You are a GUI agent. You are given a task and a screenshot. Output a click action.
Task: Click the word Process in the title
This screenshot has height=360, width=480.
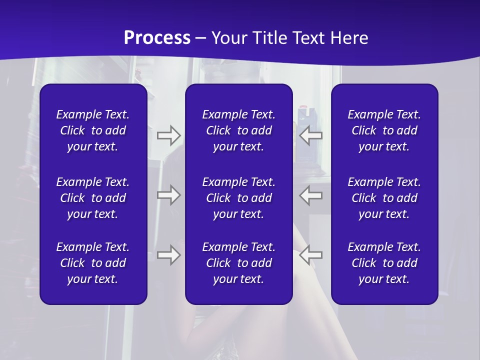(157, 38)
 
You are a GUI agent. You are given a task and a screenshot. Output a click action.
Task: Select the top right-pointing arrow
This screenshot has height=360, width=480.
(168, 135)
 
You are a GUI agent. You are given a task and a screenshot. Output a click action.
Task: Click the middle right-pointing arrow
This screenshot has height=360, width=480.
(168, 194)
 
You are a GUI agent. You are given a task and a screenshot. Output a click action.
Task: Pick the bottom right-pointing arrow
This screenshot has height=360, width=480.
(168, 254)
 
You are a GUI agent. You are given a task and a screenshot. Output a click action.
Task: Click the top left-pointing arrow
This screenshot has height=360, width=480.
(310, 135)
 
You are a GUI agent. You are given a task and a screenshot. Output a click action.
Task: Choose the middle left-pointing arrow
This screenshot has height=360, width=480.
(310, 194)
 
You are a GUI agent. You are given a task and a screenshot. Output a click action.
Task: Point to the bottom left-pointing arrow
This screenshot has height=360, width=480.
(310, 254)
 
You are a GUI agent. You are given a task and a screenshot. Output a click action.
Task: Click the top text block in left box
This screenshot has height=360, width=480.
(93, 130)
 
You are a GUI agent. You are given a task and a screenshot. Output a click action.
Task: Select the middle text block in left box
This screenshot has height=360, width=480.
(93, 198)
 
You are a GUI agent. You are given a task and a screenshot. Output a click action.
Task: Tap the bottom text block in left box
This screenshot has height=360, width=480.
(93, 263)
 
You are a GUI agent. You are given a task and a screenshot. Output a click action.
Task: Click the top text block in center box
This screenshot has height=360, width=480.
(239, 130)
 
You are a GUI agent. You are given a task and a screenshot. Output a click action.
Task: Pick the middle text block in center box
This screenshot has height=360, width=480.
(239, 198)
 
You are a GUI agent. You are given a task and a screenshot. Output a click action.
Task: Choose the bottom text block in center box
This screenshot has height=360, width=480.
(239, 263)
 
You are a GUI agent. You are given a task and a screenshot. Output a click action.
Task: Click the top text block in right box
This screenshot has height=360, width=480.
(384, 130)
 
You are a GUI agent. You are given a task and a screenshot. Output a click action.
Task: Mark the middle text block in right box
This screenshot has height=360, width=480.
(384, 198)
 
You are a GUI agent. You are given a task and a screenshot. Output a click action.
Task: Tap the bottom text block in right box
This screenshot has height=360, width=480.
(384, 263)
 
